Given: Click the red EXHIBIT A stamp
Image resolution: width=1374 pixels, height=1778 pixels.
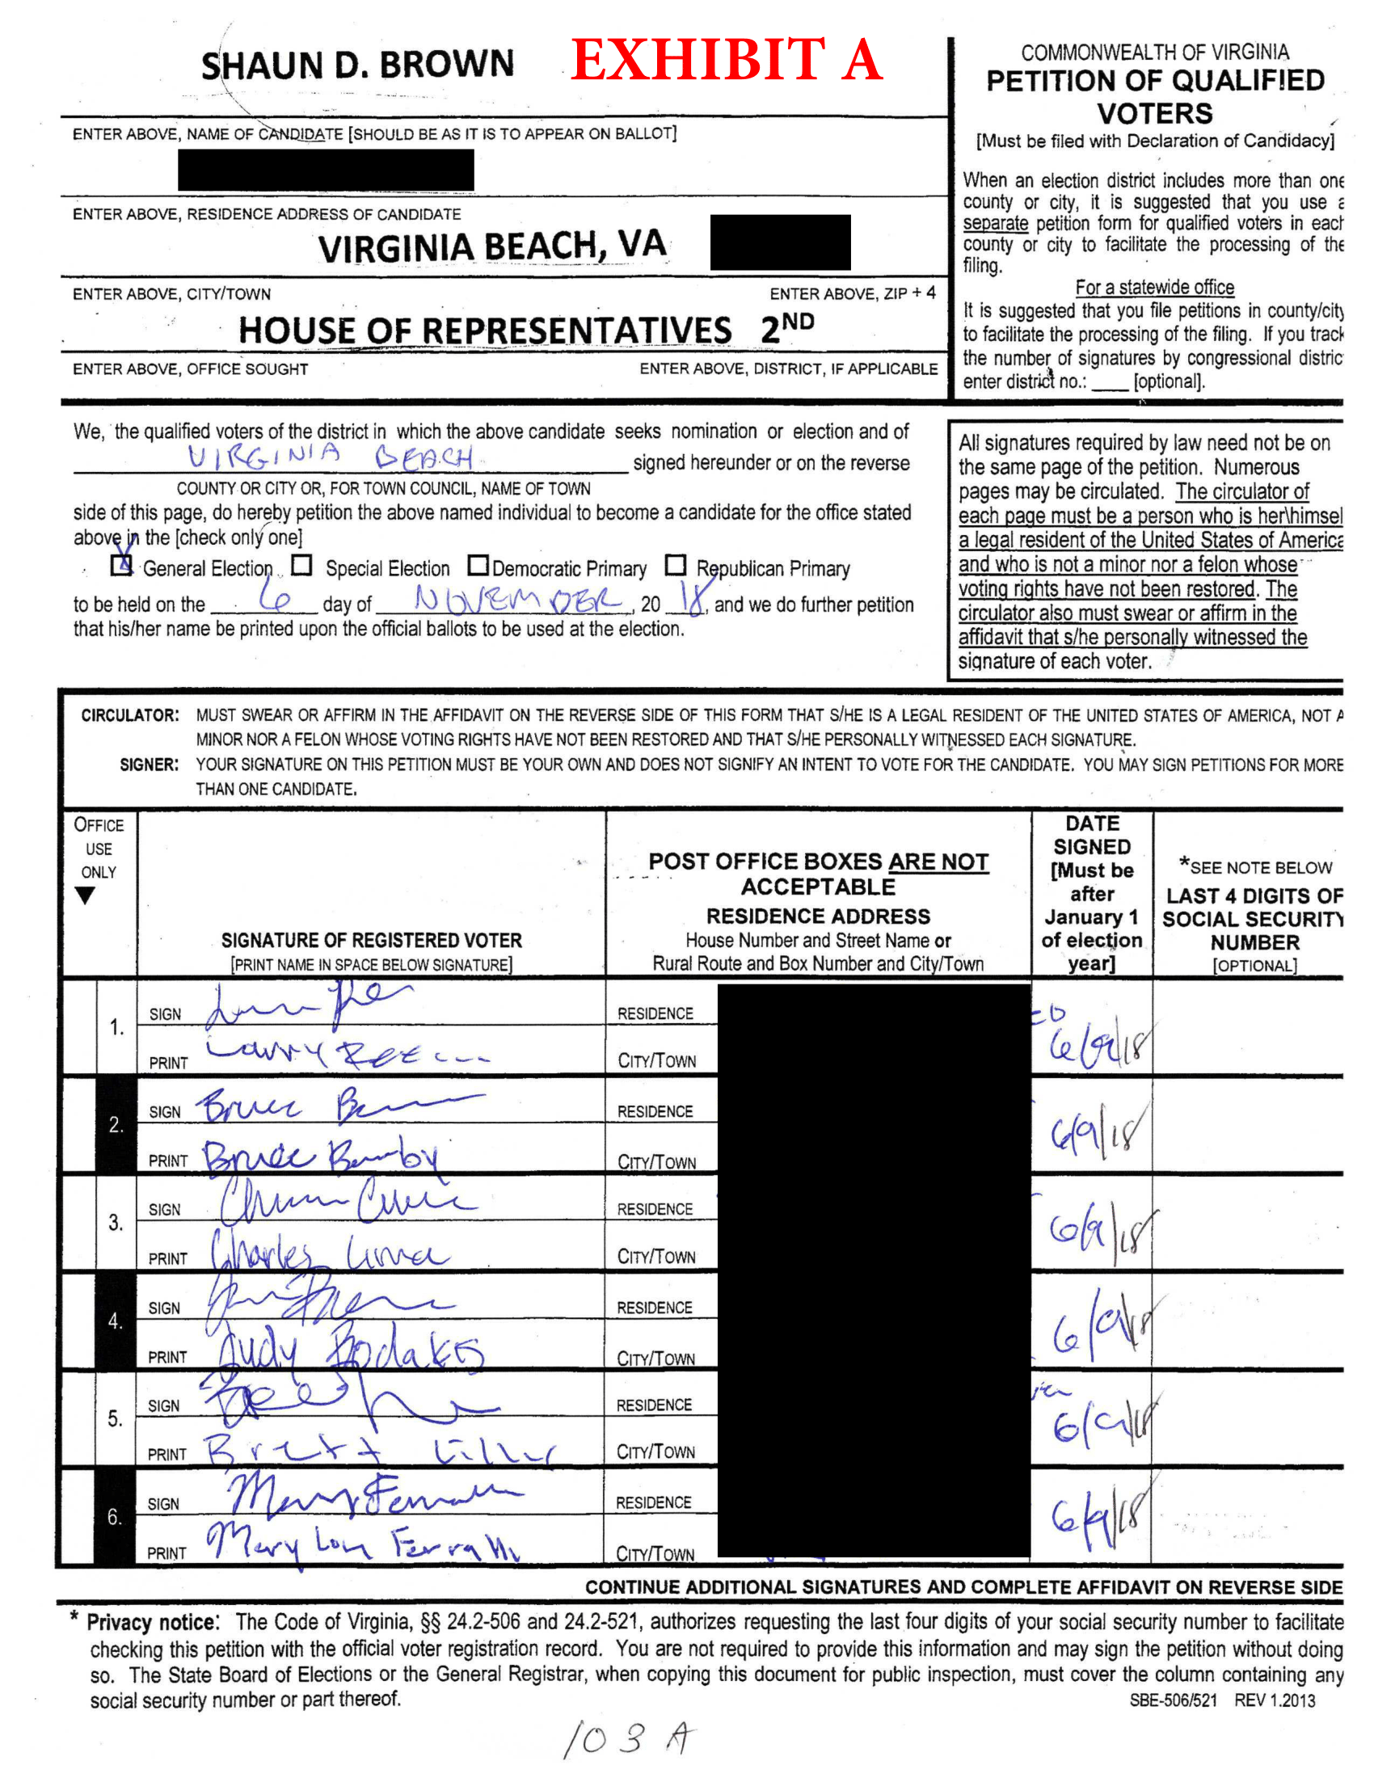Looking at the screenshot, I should [726, 61].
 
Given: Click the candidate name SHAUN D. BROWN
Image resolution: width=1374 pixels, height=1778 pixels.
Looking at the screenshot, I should [357, 65].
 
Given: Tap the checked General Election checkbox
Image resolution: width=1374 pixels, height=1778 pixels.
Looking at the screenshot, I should [121, 565].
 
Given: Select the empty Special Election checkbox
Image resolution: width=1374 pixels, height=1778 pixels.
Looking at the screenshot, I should [302, 565].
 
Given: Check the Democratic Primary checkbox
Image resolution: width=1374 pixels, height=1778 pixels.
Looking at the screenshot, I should [478, 565].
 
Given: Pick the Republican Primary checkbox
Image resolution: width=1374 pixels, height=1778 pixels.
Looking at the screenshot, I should [676, 565].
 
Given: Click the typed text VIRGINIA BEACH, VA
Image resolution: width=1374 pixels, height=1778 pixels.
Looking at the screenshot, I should [491, 246].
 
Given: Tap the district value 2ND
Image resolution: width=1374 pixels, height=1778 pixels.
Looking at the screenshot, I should [786, 327].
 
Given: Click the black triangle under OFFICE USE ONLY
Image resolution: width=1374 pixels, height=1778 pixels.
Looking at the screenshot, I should [85, 895].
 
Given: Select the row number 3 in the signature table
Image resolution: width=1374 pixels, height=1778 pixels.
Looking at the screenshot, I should [116, 1222].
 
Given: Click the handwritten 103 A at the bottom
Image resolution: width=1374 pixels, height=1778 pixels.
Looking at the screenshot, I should [627, 1739].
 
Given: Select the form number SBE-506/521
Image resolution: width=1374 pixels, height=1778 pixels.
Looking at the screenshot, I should [1172, 1700].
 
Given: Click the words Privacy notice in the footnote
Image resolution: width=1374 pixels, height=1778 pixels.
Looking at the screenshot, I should [152, 1623].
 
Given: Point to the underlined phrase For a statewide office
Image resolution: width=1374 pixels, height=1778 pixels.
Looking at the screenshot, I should [1153, 288].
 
